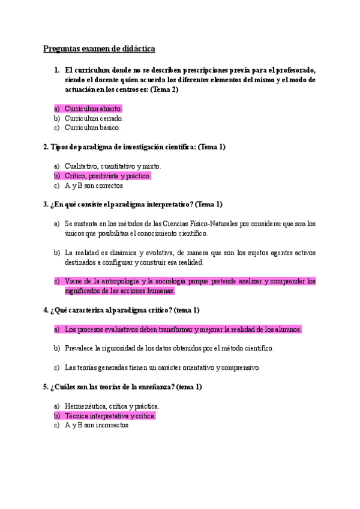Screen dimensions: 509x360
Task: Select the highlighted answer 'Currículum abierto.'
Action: pyautogui.click(x=93, y=109)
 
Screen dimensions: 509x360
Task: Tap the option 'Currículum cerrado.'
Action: pyautogui.click(x=94, y=118)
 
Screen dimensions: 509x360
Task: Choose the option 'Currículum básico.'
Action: pyautogui.click(x=92, y=127)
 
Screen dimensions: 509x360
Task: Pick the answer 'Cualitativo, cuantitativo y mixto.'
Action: pyautogui.click(x=113, y=166)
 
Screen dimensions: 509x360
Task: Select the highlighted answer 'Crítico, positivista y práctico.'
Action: pyautogui.click(x=107, y=176)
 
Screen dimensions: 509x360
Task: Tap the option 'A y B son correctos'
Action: pyautogui.click(x=94, y=185)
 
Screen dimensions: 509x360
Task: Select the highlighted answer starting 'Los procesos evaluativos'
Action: pyautogui.click(x=183, y=330)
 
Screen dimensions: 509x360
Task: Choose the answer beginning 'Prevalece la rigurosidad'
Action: pyautogui.click(x=169, y=348)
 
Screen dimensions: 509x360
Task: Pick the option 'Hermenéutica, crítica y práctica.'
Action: pyautogui.click(x=112, y=406)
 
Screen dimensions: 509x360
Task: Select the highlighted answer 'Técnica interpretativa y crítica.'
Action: pyautogui.click(x=110, y=415)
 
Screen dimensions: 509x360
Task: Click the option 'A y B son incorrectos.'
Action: pyautogui.click(x=97, y=425)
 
